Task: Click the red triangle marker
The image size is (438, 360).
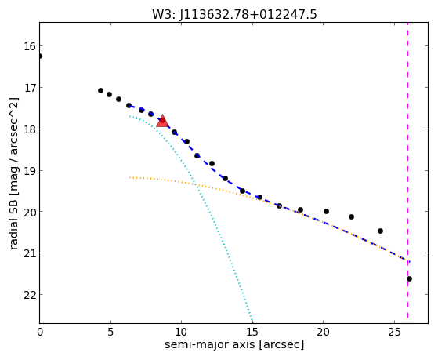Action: click(x=162, y=121)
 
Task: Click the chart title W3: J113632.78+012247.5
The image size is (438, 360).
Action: click(x=234, y=14)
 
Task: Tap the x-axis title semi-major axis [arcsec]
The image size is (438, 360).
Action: click(x=234, y=344)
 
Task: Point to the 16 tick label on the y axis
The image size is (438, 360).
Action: click(x=30, y=46)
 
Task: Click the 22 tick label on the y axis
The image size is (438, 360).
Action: click(x=30, y=295)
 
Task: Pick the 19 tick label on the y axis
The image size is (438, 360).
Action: click(x=30, y=170)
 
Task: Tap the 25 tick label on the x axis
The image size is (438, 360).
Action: click(x=394, y=332)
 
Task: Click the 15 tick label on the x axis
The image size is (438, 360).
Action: click(x=252, y=332)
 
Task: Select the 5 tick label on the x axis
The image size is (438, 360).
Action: click(x=110, y=332)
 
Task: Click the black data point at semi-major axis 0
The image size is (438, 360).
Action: click(x=40, y=56)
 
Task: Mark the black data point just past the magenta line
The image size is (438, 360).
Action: click(x=409, y=278)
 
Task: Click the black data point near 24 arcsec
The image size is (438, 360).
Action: click(x=380, y=231)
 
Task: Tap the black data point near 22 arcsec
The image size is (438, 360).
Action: click(x=351, y=216)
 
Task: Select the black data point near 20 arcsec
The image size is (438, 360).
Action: click(x=326, y=211)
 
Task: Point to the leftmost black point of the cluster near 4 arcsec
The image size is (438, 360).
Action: click(x=100, y=91)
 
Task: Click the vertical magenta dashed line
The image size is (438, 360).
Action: click(x=407, y=171)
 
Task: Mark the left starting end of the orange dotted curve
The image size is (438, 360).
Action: click(x=129, y=177)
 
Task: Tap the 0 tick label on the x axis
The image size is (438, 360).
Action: click(x=40, y=332)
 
